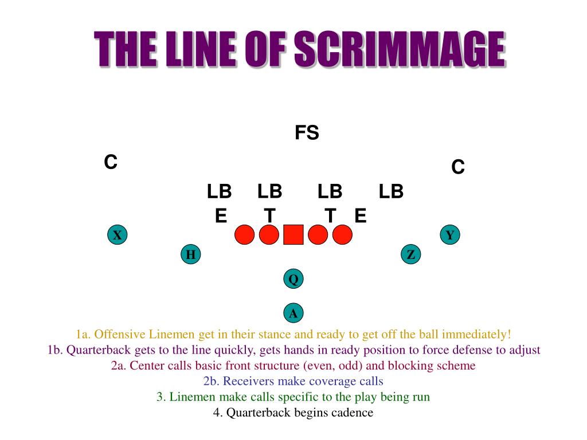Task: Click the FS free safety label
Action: pos(307,133)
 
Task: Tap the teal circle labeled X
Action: pos(118,235)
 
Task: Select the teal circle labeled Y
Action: pos(450,235)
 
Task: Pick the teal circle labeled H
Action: pos(191,255)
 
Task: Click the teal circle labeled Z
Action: pos(410,255)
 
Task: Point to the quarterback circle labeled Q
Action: pos(293,279)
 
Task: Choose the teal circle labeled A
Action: pos(293,313)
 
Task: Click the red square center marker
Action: pos(293,235)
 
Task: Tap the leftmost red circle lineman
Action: pos(244,235)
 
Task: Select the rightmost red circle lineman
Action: pos(342,235)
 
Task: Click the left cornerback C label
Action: pos(111,163)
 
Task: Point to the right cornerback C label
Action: pos(457,167)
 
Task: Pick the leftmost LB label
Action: pos(219,191)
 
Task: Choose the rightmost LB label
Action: pos(391,191)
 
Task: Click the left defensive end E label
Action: pos(221,216)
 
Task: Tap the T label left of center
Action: pos(269,216)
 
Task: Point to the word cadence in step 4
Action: pos(350,412)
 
